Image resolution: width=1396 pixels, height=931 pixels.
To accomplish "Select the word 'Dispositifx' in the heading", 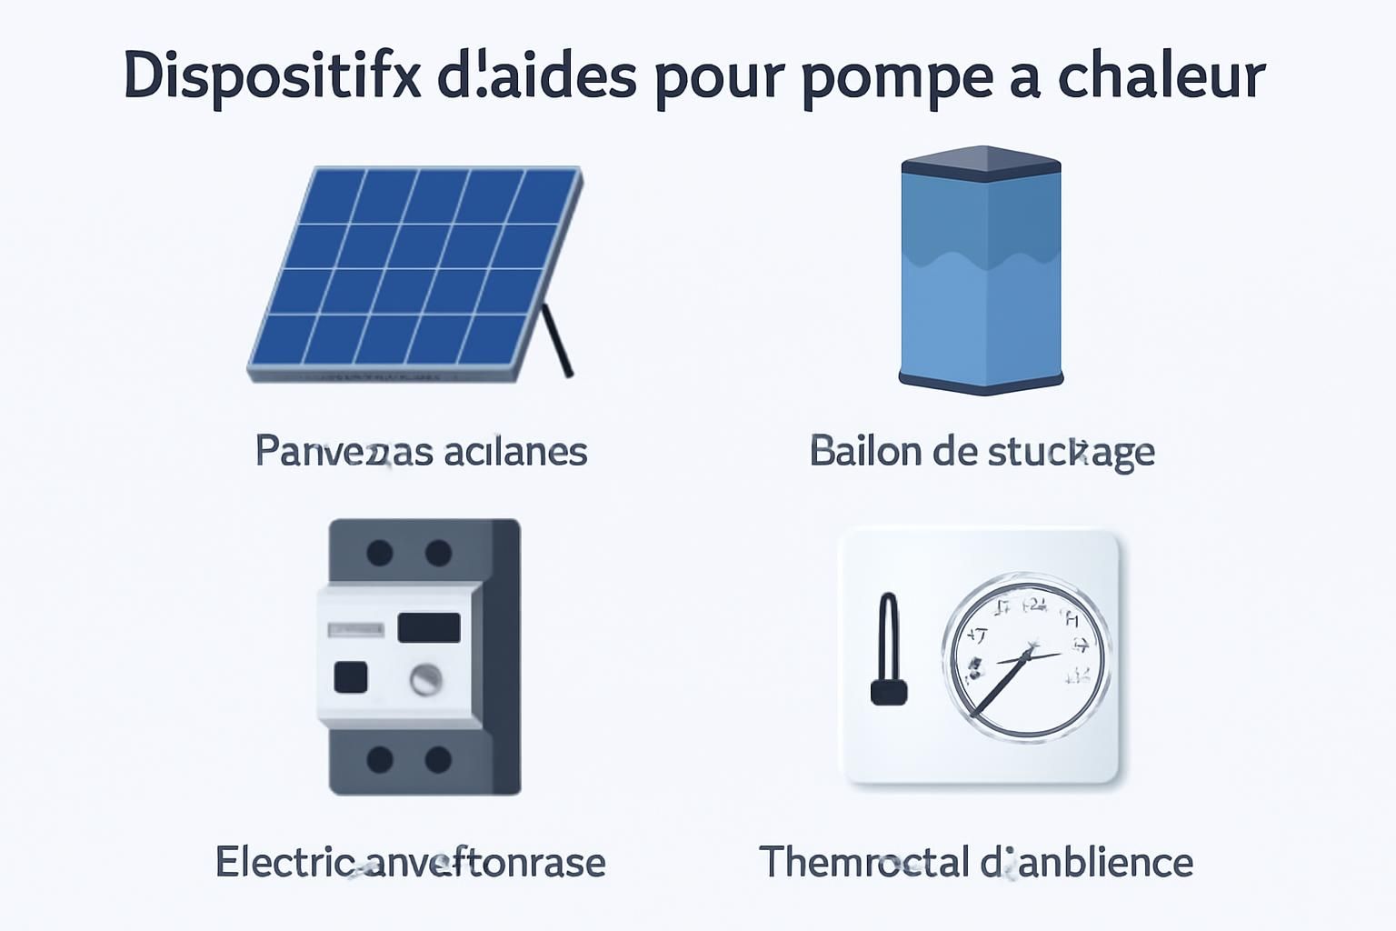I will coord(272,76).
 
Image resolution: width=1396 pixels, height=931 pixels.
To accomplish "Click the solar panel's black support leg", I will coord(556,341).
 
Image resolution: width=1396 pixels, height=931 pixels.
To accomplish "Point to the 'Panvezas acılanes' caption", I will coord(421,451).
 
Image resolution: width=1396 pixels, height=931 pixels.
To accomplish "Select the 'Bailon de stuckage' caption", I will coord(982,451).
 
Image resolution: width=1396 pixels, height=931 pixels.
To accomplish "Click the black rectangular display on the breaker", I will coord(429,627).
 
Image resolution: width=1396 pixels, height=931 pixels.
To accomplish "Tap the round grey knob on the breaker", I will coord(425,678).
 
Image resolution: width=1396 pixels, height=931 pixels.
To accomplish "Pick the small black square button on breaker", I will coord(351,677).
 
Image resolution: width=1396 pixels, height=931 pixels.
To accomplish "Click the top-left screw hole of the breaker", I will coord(379,552).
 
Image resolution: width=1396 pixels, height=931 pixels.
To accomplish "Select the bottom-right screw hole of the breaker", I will coord(438,759).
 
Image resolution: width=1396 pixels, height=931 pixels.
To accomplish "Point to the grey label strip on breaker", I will coord(355,629).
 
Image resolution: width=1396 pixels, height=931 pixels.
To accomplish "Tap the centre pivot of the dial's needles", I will coord(1028,653).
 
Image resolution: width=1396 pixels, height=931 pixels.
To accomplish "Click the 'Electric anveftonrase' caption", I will coord(410,862).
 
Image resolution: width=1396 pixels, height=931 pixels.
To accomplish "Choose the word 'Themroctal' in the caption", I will coord(863,862).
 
